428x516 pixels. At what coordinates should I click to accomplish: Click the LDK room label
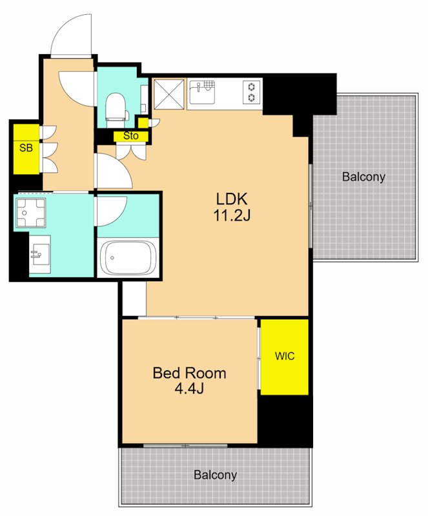[x=232, y=199]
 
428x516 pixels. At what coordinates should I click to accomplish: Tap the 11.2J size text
[x=232, y=215]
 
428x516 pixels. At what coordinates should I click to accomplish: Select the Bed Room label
[x=189, y=373]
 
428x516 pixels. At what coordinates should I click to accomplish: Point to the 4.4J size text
[x=189, y=389]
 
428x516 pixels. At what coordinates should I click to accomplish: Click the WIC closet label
[x=285, y=356]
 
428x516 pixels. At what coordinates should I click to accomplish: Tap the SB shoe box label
[x=26, y=148]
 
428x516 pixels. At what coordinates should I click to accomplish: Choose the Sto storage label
[x=131, y=135]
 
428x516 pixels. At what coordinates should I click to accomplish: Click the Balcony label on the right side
[x=363, y=177]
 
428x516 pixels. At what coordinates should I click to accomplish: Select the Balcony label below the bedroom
[x=215, y=475]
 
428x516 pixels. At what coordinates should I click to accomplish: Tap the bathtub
[x=128, y=257]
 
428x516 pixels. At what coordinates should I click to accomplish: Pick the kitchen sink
[x=201, y=92]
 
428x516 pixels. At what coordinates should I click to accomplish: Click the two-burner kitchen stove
[x=252, y=92]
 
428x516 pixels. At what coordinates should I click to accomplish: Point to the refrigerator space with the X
[x=168, y=94]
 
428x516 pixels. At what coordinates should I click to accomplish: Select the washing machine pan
[x=30, y=213]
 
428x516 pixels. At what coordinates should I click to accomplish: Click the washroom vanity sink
[x=40, y=254]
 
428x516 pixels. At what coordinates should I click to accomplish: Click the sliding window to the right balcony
[x=311, y=205]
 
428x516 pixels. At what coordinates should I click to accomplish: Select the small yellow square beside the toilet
[x=143, y=123]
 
